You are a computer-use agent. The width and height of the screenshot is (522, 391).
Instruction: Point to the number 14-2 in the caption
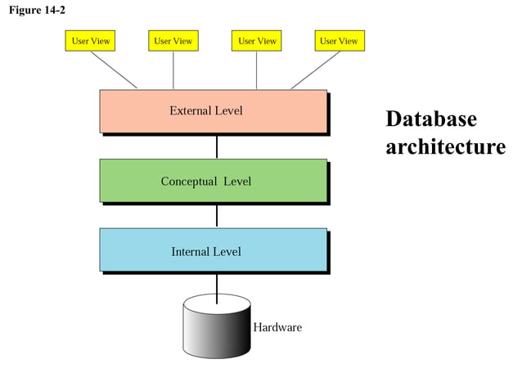[55, 10]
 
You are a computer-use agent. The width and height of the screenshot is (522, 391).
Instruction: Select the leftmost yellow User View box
[91, 41]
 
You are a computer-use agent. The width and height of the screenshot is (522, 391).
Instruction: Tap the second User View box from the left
[173, 41]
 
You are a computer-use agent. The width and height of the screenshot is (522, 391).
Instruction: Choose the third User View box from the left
[257, 41]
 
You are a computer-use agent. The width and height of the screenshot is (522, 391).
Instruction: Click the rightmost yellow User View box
[339, 41]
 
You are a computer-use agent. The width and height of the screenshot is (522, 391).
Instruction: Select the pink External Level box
[214, 111]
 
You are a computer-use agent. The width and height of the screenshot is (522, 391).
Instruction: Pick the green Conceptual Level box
[214, 181]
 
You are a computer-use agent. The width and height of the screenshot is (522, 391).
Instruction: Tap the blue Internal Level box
[214, 250]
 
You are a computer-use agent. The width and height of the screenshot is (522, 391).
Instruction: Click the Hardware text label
[277, 327]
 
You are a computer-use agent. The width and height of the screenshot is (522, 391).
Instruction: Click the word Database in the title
[430, 119]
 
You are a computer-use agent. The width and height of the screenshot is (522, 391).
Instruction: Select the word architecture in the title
[445, 147]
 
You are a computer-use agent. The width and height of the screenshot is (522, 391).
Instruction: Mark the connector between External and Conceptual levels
[217, 146]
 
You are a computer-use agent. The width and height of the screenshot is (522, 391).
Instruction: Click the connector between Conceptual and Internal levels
[217, 216]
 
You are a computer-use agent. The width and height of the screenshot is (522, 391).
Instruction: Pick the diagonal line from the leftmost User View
[114, 70]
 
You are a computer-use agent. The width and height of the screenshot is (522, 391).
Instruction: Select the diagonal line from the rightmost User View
[315, 70]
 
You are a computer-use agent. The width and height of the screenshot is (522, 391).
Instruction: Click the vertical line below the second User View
[173, 70]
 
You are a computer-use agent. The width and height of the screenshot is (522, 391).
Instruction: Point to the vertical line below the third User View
[257, 70]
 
